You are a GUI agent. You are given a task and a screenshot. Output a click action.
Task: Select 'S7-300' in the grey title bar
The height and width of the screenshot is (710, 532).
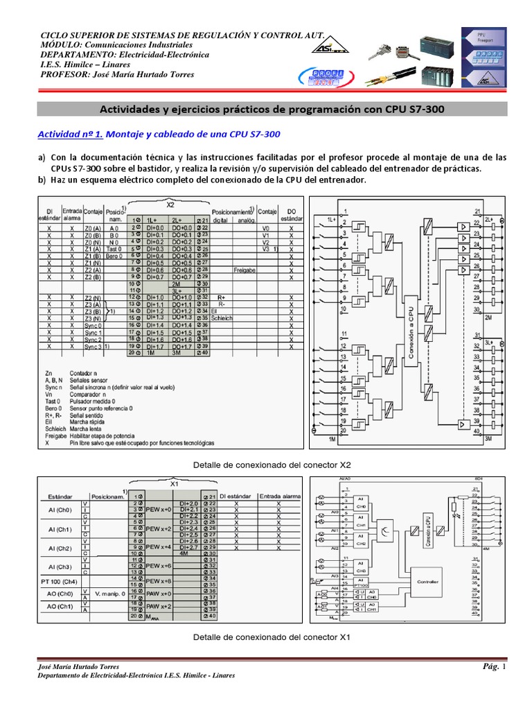pos(422,109)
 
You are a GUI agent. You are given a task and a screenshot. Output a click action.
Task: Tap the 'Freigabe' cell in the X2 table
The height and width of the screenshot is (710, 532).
pos(247,270)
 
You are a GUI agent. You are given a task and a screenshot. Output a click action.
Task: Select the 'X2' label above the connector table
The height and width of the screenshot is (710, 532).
pos(170,205)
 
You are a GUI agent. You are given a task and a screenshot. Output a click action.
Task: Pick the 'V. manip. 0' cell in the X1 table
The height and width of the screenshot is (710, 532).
pos(112,594)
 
